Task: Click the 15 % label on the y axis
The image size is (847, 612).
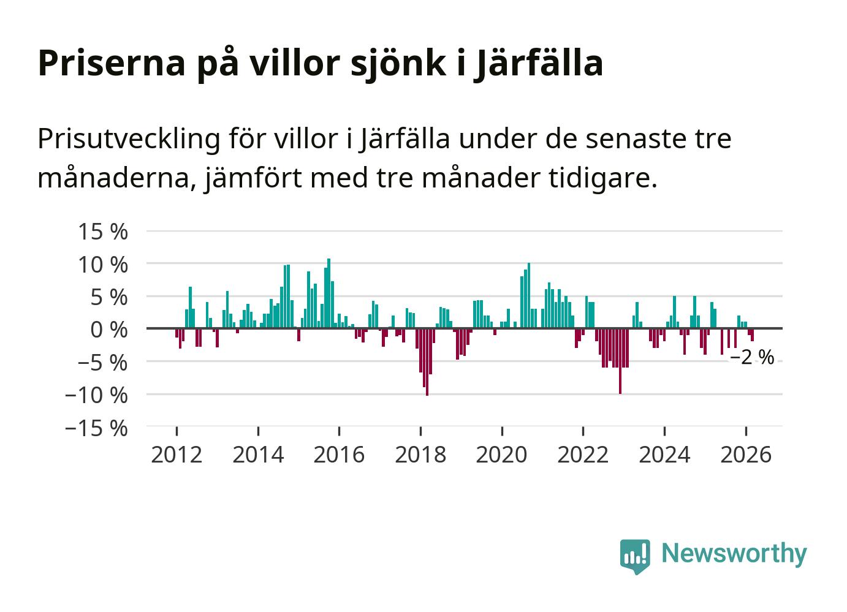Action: point(102,232)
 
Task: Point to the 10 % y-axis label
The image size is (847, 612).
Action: point(102,265)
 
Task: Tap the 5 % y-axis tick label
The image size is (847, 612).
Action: point(108,297)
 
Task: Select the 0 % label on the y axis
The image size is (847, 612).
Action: point(108,330)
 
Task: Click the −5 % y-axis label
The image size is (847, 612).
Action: point(102,362)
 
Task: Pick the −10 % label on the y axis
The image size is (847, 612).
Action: point(96,395)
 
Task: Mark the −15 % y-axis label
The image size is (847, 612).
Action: point(96,428)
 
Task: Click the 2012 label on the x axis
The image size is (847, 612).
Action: point(177,455)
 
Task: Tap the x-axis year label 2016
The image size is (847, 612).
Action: point(339,455)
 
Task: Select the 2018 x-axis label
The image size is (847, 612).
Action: point(420,455)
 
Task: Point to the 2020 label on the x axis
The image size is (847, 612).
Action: point(502,455)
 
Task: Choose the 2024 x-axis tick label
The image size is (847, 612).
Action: point(664,455)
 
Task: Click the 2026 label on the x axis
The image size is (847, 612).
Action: point(746,455)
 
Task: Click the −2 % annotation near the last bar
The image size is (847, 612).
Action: point(752,357)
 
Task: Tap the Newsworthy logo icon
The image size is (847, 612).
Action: point(635,556)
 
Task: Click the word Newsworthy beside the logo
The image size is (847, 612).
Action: point(734,553)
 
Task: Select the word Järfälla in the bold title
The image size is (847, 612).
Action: point(539,62)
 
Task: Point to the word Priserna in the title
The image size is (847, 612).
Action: point(111,62)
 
